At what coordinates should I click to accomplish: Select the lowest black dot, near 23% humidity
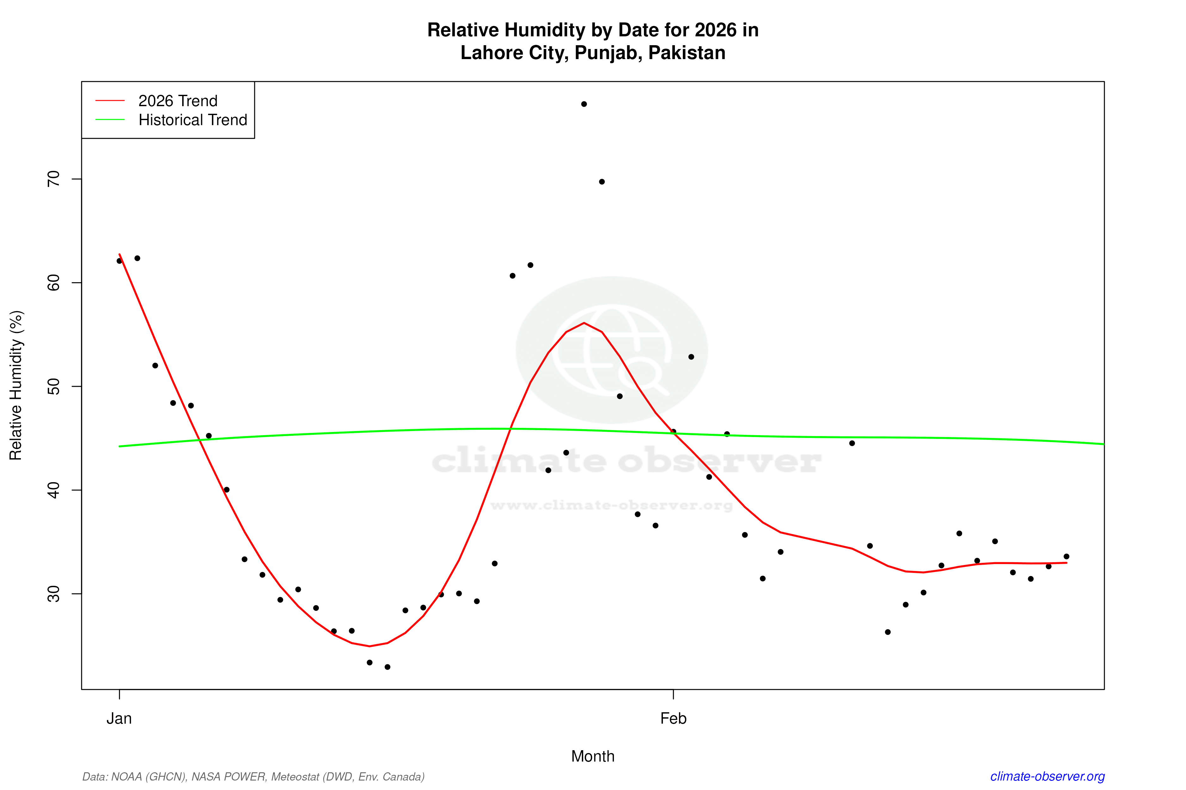pos(387,667)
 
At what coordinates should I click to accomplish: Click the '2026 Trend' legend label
pos(177,101)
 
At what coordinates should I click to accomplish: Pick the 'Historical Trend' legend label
pos(193,120)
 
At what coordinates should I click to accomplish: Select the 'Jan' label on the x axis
pos(119,719)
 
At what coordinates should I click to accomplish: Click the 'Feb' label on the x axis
pos(673,719)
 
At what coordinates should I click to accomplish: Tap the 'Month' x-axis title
pos(592,756)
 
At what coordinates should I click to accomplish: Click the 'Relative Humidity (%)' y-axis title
pos(16,386)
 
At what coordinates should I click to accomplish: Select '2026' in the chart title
pos(715,30)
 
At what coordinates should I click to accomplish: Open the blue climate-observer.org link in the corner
pos(1047,776)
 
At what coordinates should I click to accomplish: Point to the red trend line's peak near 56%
pos(584,323)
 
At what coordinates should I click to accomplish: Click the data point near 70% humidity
pos(602,182)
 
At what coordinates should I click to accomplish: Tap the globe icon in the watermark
pos(611,350)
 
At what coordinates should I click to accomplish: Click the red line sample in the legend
pos(110,101)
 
